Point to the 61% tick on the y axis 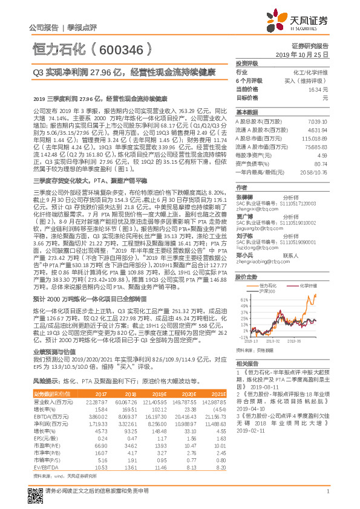(243, 299)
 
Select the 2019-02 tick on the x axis (276, 342)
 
